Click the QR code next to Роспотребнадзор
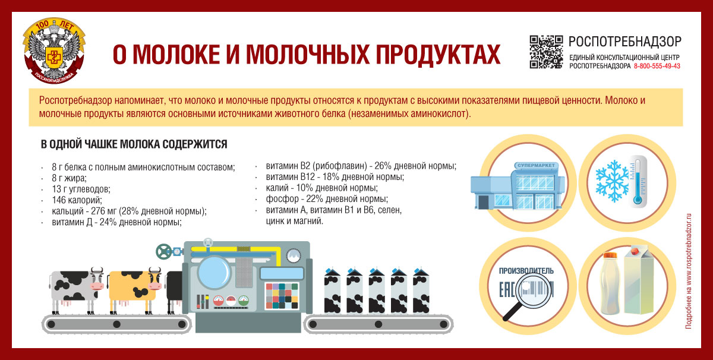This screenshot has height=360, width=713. [x=546, y=52]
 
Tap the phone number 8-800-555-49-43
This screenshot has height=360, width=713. [x=657, y=66]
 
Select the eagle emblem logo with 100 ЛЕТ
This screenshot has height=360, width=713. [x=54, y=50]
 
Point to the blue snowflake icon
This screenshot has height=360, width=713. [x=612, y=181]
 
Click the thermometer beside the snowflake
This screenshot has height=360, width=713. [x=638, y=181]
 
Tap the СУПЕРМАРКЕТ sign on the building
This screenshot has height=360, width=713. [x=536, y=166]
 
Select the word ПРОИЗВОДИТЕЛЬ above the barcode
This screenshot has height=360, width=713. [x=526, y=271]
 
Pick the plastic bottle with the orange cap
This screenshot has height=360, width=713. [x=610, y=283]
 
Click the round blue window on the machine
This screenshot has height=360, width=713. [x=214, y=273]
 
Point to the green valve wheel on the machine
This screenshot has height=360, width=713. [x=163, y=252]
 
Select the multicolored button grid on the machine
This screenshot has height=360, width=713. [x=282, y=296]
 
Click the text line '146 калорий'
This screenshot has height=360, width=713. [x=77, y=200]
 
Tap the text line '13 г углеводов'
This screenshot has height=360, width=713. [x=81, y=189]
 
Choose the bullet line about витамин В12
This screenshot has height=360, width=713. [x=335, y=176]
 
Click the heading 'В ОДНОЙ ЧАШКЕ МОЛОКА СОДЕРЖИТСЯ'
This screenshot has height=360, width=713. [x=134, y=144]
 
